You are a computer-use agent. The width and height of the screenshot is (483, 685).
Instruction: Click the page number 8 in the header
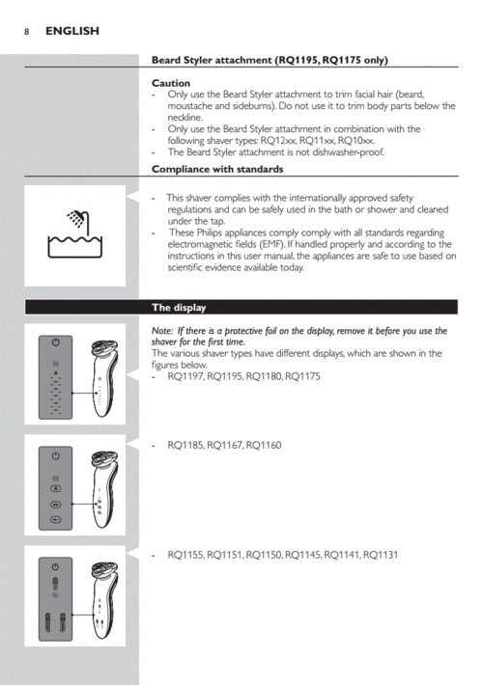26,31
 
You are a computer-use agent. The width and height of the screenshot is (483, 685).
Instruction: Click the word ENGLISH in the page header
71,31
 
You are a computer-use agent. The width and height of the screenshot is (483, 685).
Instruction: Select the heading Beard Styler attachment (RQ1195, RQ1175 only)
270,60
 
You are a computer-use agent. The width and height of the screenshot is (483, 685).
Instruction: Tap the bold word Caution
171,84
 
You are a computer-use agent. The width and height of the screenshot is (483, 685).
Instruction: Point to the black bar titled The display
180,308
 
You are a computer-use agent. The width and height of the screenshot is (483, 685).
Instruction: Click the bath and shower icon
74,235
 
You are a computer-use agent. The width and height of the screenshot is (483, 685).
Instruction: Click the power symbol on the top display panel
55,344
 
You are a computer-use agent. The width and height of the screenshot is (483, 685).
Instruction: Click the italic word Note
161,331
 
